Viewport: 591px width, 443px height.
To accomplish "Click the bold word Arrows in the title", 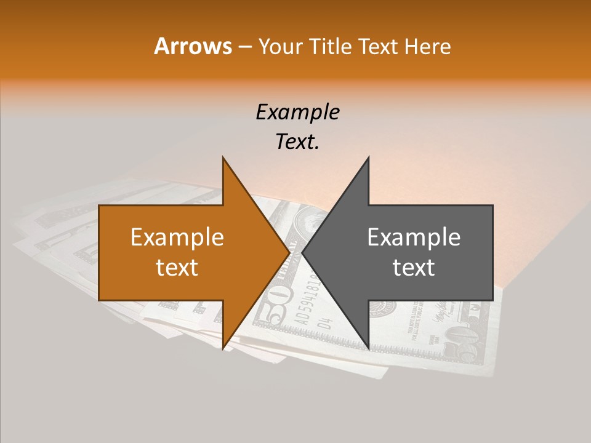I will pyautogui.click(x=193, y=46).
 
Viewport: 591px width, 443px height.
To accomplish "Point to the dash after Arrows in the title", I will pyautogui.click(x=244, y=47).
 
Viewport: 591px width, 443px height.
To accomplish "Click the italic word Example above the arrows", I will pyautogui.click(x=297, y=112).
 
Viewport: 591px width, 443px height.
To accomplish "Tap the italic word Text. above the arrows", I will pyautogui.click(x=297, y=142).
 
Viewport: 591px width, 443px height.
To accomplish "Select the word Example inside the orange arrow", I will pyautogui.click(x=177, y=237).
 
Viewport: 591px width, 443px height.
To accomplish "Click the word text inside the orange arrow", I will pyautogui.click(x=177, y=267).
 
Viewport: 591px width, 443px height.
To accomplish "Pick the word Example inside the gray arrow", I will pyautogui.click(x=414, y=237).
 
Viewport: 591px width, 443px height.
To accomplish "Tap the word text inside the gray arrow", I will pyautogui.click(x=414, y=267).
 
